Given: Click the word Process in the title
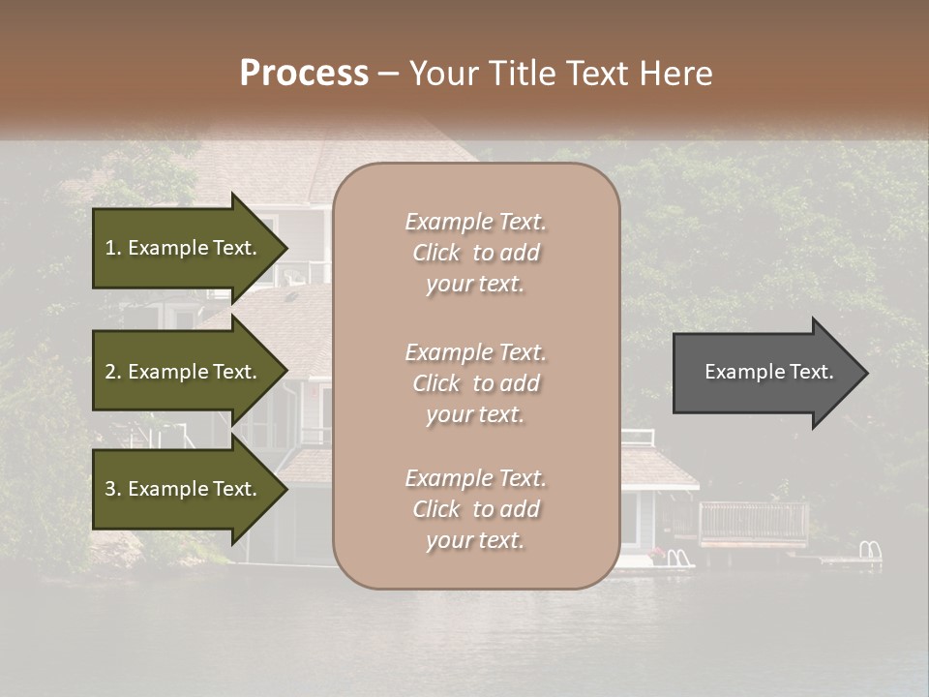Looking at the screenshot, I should coord(304,74).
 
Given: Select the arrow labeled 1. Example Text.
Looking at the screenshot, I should coord(184,248).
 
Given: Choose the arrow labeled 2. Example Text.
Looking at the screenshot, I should coord(184,372).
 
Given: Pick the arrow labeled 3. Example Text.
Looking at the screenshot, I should coord(184,489).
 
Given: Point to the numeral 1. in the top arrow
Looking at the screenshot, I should coord(113,248).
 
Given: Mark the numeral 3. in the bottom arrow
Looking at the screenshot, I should coord(113,489).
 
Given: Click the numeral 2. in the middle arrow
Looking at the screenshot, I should coord(113,372).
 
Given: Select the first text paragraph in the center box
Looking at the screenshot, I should coord(475,253).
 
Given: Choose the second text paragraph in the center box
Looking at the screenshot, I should coord(475,383).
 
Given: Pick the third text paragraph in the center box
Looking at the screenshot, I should coord(475,509).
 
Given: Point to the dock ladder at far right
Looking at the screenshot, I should coord(870,552).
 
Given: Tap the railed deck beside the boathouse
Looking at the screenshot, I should coord(752,524).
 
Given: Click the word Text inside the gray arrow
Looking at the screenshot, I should coord(811,372).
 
